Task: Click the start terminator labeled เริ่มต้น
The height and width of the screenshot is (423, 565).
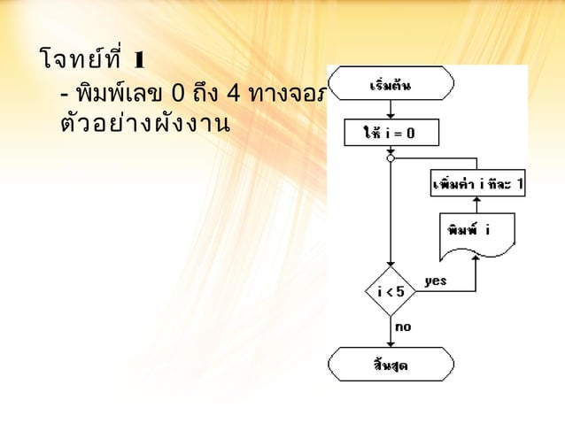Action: point(390,87)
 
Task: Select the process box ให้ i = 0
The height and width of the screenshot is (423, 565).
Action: point(390,135)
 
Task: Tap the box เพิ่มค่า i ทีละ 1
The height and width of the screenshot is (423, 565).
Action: point(477,184)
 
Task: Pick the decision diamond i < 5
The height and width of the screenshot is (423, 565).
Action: point(390,290)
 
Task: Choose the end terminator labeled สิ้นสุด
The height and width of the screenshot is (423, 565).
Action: point(390,365)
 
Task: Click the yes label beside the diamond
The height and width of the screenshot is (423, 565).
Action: point(435,281)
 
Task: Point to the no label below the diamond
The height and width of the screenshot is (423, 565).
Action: point(402,327)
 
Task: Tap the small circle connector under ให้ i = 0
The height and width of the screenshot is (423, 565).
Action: point(390,159)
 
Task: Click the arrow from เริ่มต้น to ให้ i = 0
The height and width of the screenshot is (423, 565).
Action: point(390,111)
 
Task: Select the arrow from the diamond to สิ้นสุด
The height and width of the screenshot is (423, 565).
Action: point(390,332)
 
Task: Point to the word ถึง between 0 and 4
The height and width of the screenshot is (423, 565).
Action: point(206,94)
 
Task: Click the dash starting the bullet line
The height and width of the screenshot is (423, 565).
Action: point(62,95)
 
